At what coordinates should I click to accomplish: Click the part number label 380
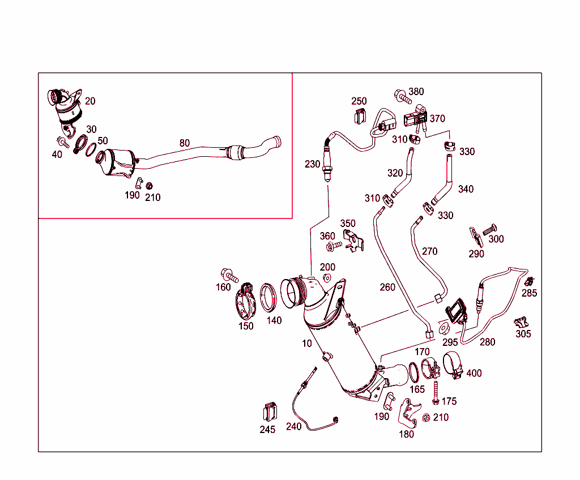coord(416,92)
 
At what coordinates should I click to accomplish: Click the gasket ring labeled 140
coord(270,298)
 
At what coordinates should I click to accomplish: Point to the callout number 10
coord(306,344)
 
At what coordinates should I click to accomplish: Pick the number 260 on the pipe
coord(387,288)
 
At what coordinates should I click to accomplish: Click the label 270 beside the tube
coord(429,251)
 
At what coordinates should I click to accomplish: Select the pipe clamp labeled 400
coord(453,365)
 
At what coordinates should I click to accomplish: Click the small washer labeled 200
coord(327,278)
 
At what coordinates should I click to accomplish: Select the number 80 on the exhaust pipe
coord(185,143)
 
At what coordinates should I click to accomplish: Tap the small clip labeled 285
coord(529,281)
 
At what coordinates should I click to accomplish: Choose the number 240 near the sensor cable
coord(293,427)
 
